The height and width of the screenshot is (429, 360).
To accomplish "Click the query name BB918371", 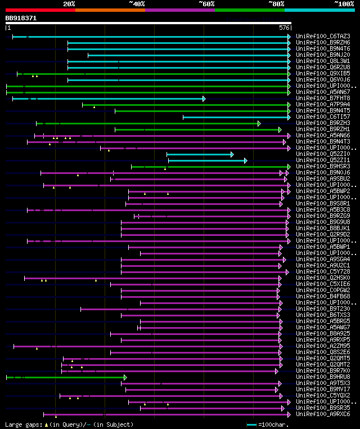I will click(x=21, y=18).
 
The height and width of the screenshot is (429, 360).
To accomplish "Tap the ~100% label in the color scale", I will click(x=344, y=3).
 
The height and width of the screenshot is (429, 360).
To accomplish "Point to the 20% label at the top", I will click(x=69, y=3).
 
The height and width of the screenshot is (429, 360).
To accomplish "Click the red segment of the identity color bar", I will click(x=40, y=10).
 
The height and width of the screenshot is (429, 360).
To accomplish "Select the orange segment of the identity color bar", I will click(x=110, y=10).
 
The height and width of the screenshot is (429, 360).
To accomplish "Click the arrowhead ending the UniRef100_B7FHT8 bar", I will click(x=204, y=99).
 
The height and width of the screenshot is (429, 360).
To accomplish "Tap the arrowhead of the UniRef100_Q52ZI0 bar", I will click(x=232, y=154).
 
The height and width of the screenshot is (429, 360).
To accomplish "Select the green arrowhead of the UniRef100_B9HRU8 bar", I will click(x=125, y=377).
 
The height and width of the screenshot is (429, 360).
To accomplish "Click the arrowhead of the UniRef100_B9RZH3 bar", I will click(x=259, y=123).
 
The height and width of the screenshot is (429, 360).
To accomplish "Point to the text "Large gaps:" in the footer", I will click(x=22, y=424).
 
